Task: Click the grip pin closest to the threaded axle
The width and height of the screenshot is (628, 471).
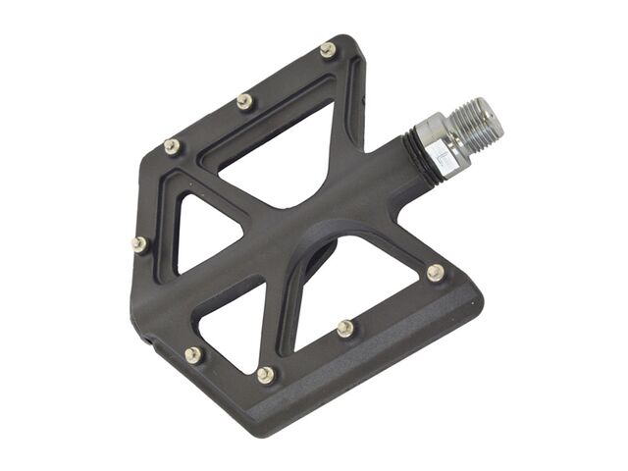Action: (328, 49)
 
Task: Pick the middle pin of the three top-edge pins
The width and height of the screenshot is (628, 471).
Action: (244, 100)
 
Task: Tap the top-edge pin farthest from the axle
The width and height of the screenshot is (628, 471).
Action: (173, 146)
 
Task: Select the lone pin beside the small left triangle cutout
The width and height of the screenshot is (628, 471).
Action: (139, 243)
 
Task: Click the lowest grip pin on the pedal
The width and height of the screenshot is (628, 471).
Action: (266, 374)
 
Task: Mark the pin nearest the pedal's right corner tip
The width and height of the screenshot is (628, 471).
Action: (435, 272)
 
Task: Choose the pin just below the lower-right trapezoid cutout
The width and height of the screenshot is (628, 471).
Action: (345, 328)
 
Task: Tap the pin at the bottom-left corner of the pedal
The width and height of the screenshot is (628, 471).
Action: (193, 354)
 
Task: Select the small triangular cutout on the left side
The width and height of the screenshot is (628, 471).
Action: (200, 232)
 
